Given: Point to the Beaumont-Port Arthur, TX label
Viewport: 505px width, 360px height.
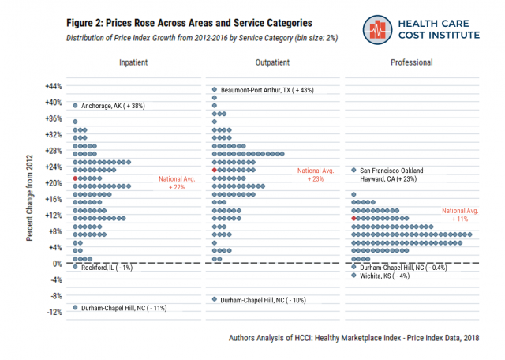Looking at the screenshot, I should (x=267, y=90).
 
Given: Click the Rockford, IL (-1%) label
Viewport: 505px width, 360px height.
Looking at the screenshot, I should (x=107, y=268).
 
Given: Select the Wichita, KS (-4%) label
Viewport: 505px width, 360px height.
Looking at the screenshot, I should (x=385, y=276).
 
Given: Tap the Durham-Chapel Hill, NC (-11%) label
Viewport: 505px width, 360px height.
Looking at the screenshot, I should (x=124, y=308).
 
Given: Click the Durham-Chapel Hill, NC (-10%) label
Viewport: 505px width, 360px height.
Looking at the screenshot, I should (x=263, y=300).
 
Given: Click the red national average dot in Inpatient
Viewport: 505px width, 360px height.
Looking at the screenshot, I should (x=75, y=178).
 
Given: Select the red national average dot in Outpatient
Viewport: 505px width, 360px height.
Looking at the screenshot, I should (x=215, y=171).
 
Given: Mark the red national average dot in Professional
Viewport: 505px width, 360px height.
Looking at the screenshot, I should (x=354, y=219).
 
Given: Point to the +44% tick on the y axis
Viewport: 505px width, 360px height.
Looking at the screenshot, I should (x=52, y=86).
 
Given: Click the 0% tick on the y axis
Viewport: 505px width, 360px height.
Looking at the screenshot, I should (x=57, y=264).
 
